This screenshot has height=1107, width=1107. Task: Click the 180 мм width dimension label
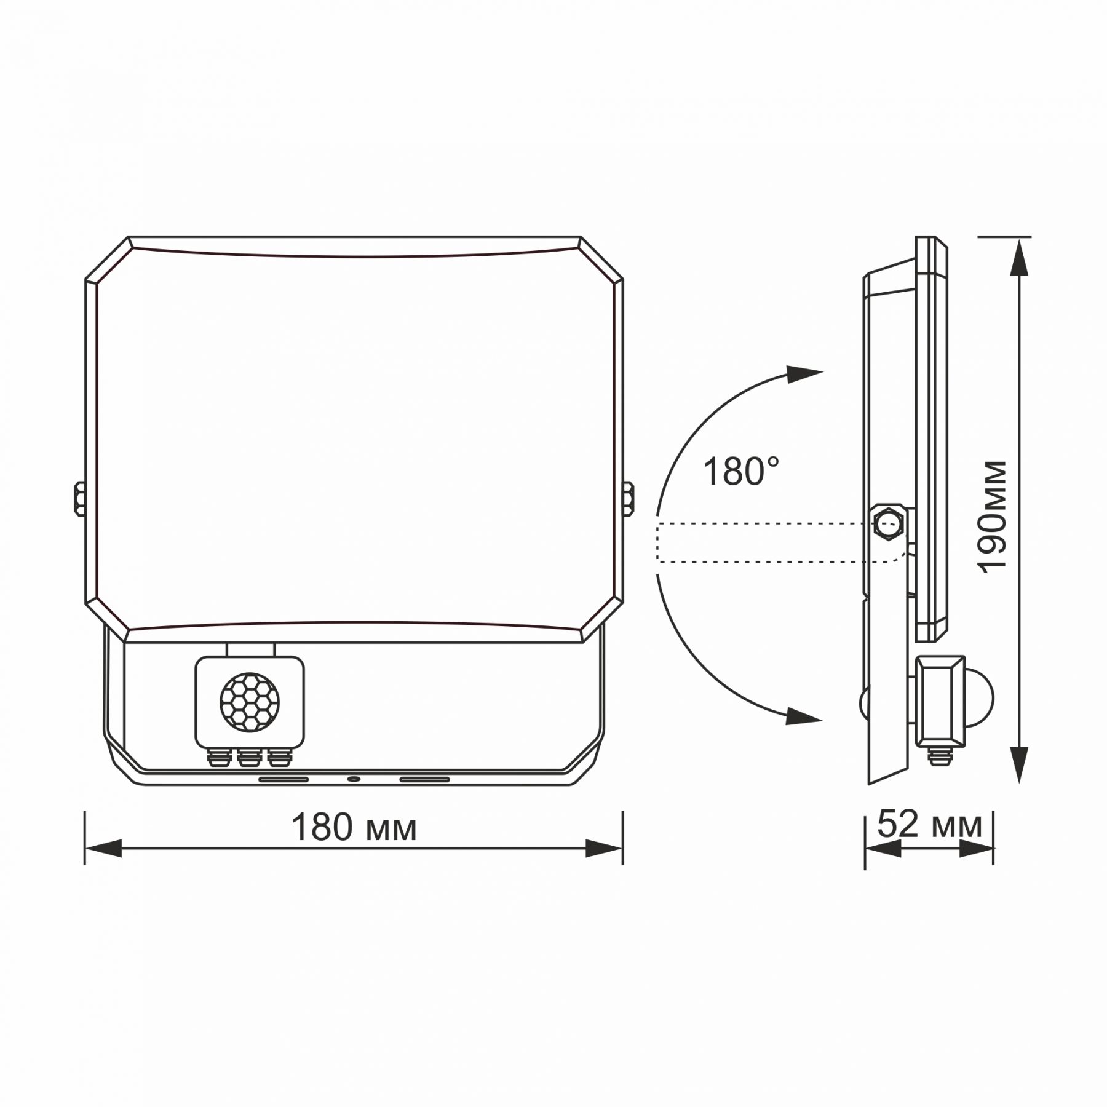[354, 828]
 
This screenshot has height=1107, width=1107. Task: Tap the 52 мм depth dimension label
[929, 825]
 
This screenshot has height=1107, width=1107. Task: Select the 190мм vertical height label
[993, 517]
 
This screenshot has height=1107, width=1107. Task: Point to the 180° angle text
[740, 472]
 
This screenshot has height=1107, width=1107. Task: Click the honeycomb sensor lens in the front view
[249, 702]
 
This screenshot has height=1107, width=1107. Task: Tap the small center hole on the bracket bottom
[354, 779]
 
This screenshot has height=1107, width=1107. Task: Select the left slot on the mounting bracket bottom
[284, 779]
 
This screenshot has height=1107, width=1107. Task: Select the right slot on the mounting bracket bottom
[424, 779]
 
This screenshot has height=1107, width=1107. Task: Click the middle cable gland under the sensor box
[248, 758]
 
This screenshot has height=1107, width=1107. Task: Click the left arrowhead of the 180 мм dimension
[103, 848]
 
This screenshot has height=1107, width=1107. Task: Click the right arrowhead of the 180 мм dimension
[603, 848]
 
